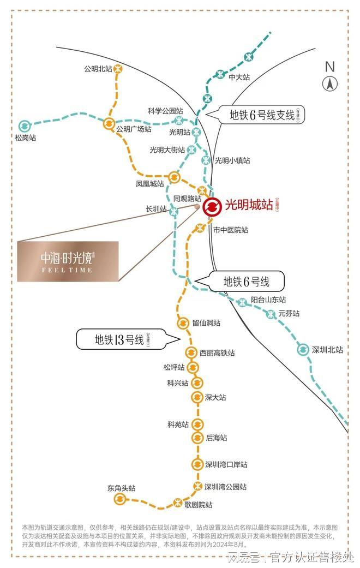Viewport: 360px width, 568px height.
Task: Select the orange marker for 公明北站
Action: (x=118, y=69)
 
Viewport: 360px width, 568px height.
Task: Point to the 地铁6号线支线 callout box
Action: (x=261, y=115)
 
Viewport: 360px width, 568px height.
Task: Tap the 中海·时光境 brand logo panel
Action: (x=68, y=261)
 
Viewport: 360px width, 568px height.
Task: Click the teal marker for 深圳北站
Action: (x=303, y=350)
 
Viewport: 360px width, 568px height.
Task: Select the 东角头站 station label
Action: (x=122, y=488)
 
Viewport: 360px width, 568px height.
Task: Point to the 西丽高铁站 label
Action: (x=217, y=353)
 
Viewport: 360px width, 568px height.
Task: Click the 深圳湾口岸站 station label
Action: (x=226, y=464)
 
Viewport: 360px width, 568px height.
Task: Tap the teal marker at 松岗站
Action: (x=23, y=126)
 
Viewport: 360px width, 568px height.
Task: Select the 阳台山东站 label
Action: (x=268, y=300)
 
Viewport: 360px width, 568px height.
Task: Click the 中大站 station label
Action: (x=239, y=77)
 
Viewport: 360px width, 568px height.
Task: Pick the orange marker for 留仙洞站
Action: (x=183, y=324)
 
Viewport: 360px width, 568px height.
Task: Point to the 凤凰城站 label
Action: (x=150, y=184)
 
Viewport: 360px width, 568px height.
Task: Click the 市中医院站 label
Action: (x=230, y=230)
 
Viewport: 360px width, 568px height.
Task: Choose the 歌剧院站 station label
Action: (x=198, y=505)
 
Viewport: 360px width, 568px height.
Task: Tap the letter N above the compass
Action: (x=329, y=67)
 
